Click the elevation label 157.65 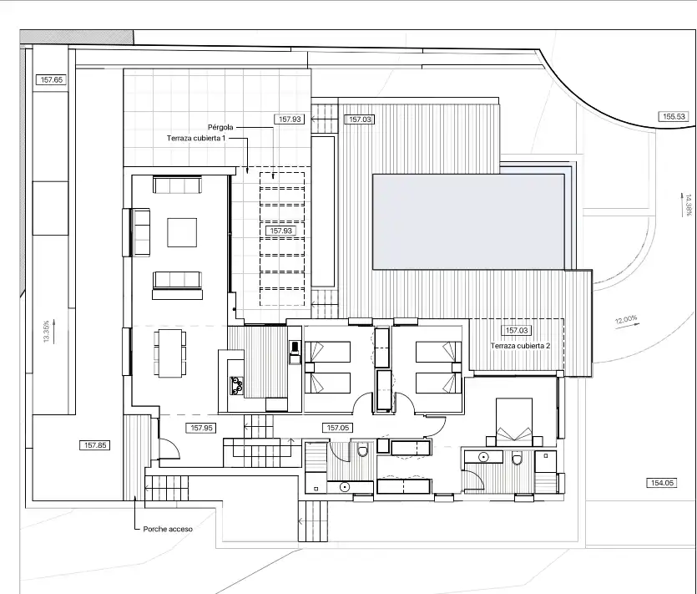click(x=52, y=79)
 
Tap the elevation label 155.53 click(x=674, y=117)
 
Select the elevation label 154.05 click(x=662, y=483)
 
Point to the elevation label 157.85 click(x=95, y=445)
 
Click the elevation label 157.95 click(x=202, y=428)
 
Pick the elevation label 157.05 click(x=338, y=428)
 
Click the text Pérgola click(x=220, y=127)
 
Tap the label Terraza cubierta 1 click(x=196, y=139)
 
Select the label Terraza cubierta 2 click(x=521, y=346)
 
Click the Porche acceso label click(x=168, y=529)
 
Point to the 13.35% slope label click(x=46, y=332)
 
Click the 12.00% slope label click(x=626, y=319)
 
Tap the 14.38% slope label click(x=689, y=205)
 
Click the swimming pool click(x=468, y=221)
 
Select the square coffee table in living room click(x=182, y=232)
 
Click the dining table click(x=170, y=353)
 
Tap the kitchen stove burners click(x=236, y=386)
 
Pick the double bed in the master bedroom click(x=514, y=422)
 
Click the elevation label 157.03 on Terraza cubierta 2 click(x=517, y=331)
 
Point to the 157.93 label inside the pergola click(x=281, y=231)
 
